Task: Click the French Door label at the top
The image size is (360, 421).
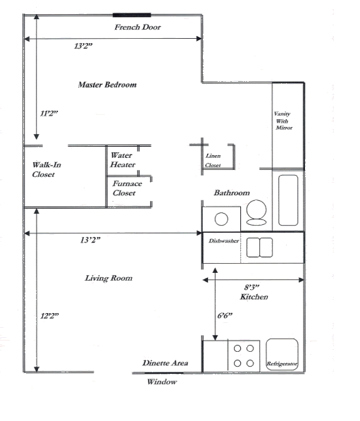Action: click(138, 28)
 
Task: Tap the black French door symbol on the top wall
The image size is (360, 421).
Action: click(131, 14)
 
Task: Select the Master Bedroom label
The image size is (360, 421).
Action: click(107, 85)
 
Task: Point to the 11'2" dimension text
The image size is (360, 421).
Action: click(49, 113)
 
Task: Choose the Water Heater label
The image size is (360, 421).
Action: click(123, 159)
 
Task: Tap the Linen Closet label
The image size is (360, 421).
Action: click(213, 160)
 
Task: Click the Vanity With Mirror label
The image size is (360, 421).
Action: click(283, 121)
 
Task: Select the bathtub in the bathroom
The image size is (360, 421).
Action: click(288, 200)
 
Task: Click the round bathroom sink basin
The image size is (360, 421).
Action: click(221, 218)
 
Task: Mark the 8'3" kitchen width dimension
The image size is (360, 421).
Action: click(252, 287)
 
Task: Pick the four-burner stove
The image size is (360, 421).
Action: click(244, 355)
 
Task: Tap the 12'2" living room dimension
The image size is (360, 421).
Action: click(49, 316)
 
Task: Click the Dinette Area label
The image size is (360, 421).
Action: click(166, 362)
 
